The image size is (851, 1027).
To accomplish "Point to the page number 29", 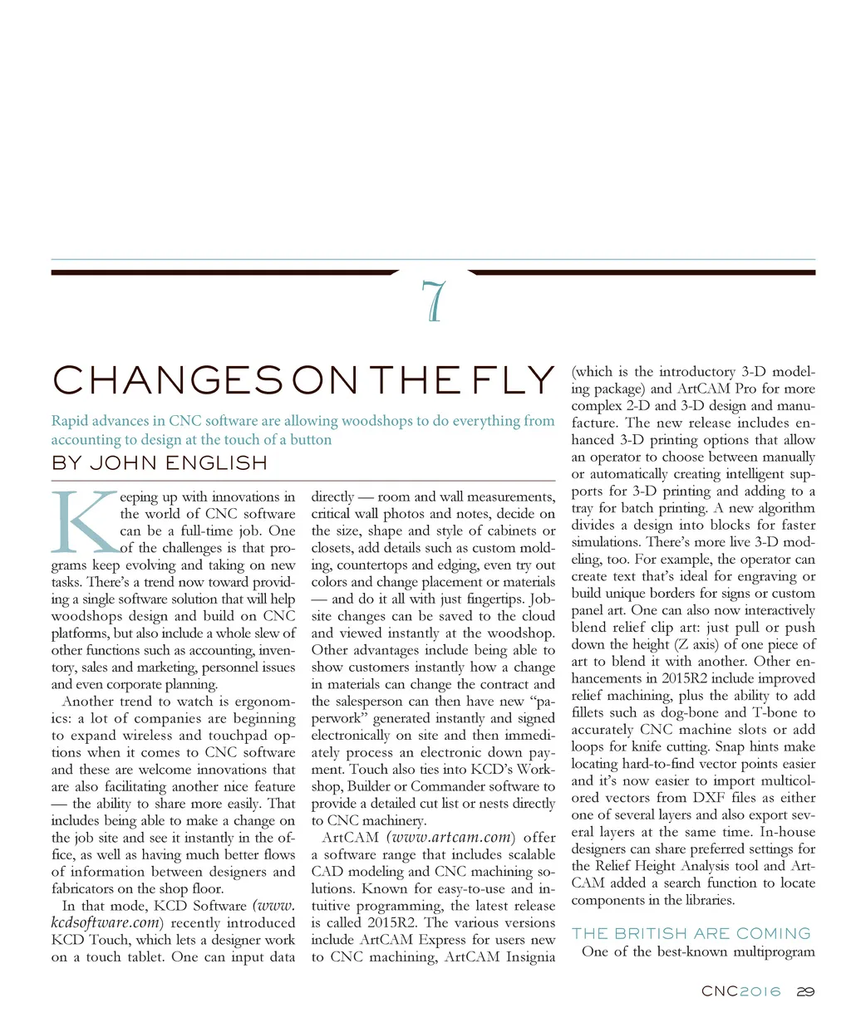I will pos(805,991).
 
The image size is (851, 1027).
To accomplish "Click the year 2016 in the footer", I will pos(760,991).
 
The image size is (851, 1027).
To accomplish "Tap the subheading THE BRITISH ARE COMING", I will pos(691,933).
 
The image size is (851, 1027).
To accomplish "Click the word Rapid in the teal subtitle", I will pos(70,421).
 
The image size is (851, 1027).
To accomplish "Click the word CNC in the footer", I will pos(720,991).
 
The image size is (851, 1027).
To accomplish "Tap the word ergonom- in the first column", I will pos(263,702).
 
